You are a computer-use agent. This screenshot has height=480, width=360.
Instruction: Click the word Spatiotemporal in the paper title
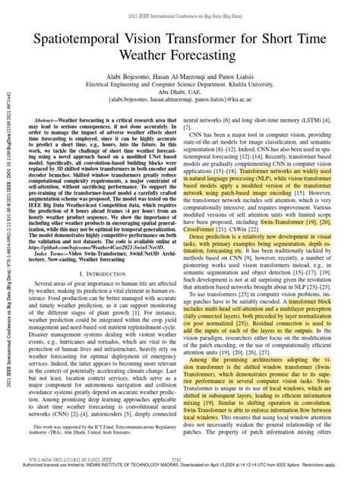point(84,36)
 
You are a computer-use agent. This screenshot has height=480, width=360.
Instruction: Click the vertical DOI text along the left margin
point(7,228)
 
